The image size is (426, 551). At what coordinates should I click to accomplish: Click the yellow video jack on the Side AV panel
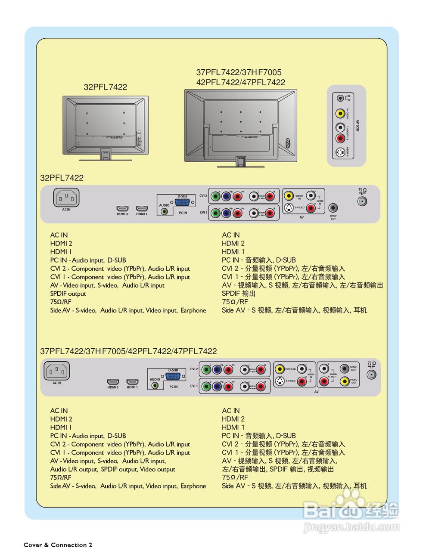(340, 114)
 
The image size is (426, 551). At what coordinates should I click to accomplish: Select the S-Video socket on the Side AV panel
(340, 152)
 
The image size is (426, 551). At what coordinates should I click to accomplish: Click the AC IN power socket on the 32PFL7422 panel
(66, 198)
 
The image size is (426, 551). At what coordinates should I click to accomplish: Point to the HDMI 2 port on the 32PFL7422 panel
(123, 209)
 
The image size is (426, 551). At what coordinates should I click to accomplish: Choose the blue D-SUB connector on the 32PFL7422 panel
(183, 203)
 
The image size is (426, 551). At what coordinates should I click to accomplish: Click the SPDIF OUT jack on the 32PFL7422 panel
(333, 208)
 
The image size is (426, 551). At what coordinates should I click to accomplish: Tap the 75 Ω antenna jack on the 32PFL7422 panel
(362, 201)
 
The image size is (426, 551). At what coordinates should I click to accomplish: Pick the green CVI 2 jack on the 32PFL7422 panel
(215, 196)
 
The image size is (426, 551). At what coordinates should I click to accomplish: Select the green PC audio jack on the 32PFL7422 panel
(164, 212)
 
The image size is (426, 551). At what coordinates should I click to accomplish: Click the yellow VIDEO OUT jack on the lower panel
(344, 381)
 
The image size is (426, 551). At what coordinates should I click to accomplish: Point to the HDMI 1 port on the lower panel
(132, 382)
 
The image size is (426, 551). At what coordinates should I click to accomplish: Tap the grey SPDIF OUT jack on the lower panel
(344, 368)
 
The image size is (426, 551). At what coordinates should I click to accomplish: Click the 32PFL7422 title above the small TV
(105, 87)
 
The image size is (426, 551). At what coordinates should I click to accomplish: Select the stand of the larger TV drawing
(240, 162)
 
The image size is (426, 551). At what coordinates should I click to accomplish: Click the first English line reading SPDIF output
(68, 294)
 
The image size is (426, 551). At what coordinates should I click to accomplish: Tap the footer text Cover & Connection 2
(58, 545)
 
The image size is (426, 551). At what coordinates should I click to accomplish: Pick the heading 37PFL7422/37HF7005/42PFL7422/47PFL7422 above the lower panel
(128, 351)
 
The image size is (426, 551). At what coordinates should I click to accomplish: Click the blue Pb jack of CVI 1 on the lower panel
(217, 386)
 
